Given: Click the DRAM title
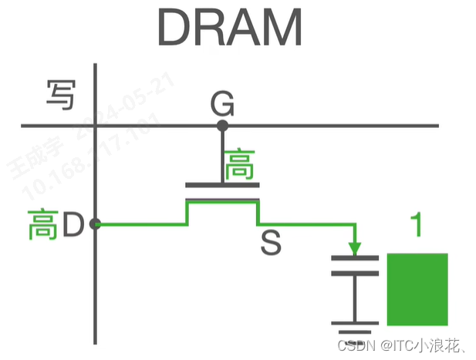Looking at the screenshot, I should [x=229, y=29].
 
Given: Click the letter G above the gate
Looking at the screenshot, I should [x=222, y=103].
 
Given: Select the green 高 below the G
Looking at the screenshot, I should [x=239, y=165].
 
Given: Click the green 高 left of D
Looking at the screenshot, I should [x=43, y=225].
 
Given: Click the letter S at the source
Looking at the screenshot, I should [x=271, y=244].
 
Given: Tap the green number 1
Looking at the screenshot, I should [x=417, y=225].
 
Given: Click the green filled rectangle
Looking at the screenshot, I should [x=417, y=289].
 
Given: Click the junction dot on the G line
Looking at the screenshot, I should [x=222, y=125].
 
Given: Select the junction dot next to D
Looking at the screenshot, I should [x=95, y=224].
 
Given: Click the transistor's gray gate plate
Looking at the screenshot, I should [x=222, y=186].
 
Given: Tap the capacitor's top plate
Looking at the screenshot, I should [x=355, y=258].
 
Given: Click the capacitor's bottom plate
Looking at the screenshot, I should [x=355, y=274].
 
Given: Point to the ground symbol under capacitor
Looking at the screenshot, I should [x=354, y=328].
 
